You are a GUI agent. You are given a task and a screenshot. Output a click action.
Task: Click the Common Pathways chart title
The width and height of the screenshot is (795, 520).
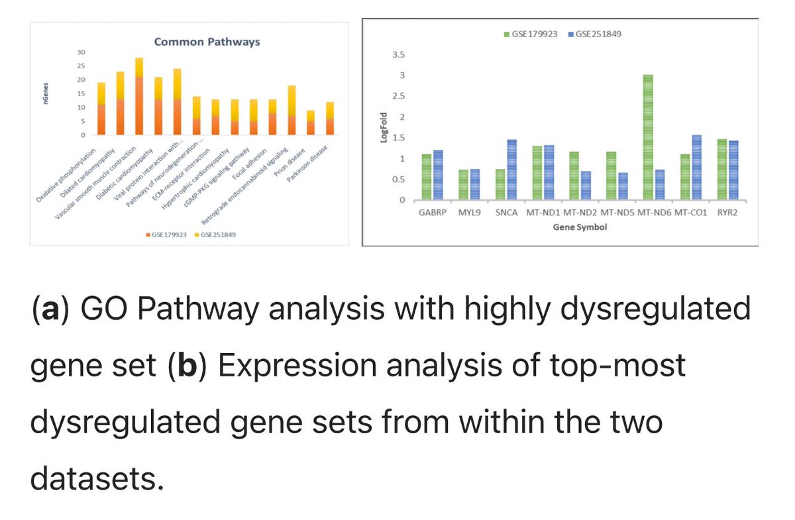tap(207, 42)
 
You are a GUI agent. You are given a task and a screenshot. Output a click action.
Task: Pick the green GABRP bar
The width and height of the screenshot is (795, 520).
tap(426, 177)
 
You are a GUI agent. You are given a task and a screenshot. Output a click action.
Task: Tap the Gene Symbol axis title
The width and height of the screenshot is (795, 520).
tap(580, 227)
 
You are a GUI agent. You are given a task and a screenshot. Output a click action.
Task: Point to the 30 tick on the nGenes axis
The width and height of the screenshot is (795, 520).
tap(81, 52)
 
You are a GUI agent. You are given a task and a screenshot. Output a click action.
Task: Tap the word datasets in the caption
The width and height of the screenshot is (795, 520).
tap(96, 479)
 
